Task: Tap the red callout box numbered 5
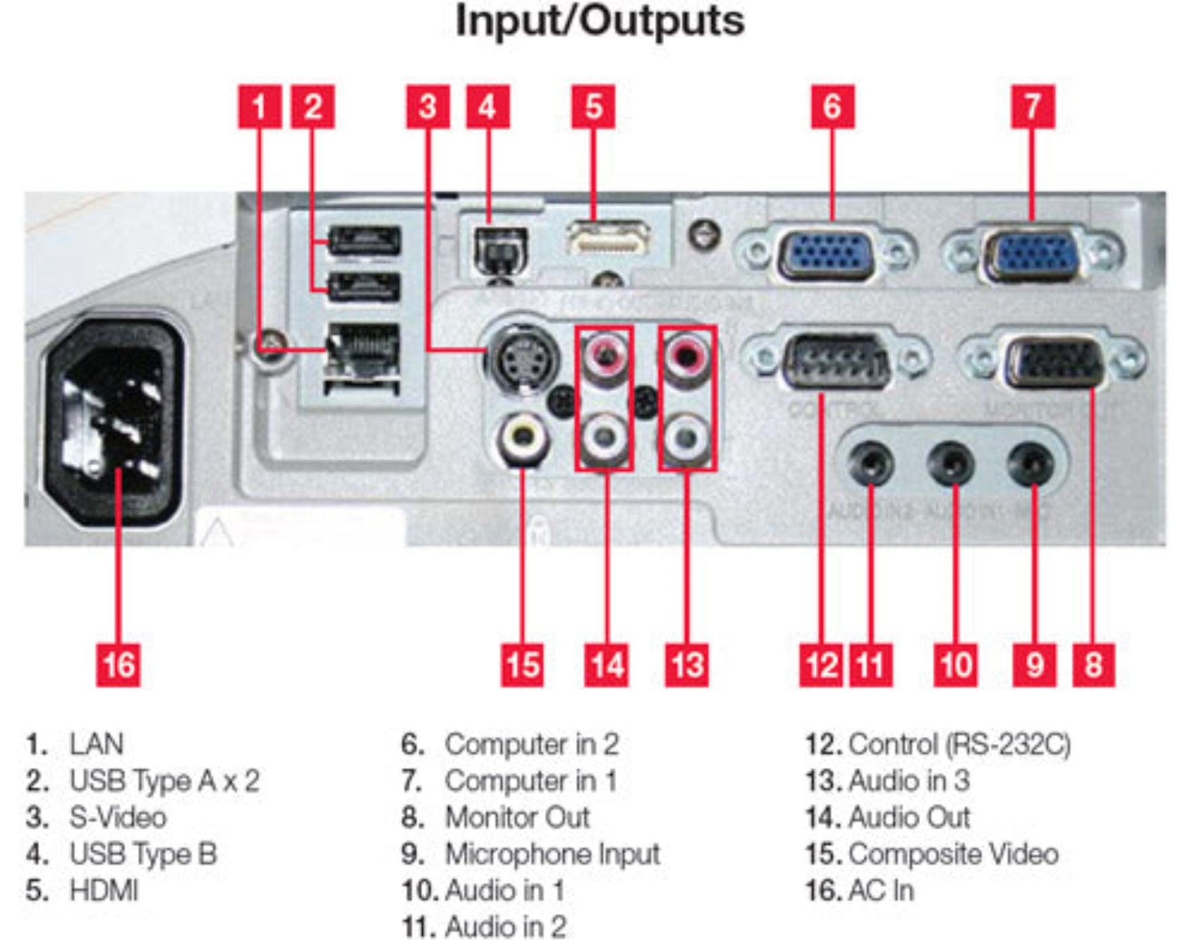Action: (593, 107)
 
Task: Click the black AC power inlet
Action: (113, 422)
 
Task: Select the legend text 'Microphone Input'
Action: (552, 854)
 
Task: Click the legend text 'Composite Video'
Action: (953, 854)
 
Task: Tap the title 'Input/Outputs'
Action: (600, 22)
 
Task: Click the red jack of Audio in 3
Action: (687, 353)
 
